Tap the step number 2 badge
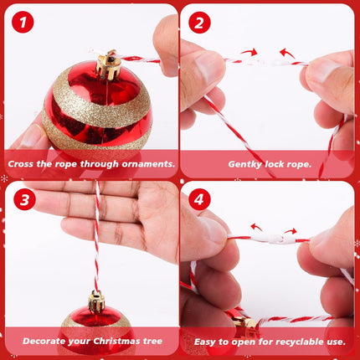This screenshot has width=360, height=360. [200, 23]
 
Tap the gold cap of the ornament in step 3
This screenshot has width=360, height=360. [96, 301]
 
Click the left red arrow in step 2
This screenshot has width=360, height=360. [248, 52]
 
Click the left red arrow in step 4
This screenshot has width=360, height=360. [257, 227]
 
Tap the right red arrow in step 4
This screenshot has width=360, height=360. [291, 230]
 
